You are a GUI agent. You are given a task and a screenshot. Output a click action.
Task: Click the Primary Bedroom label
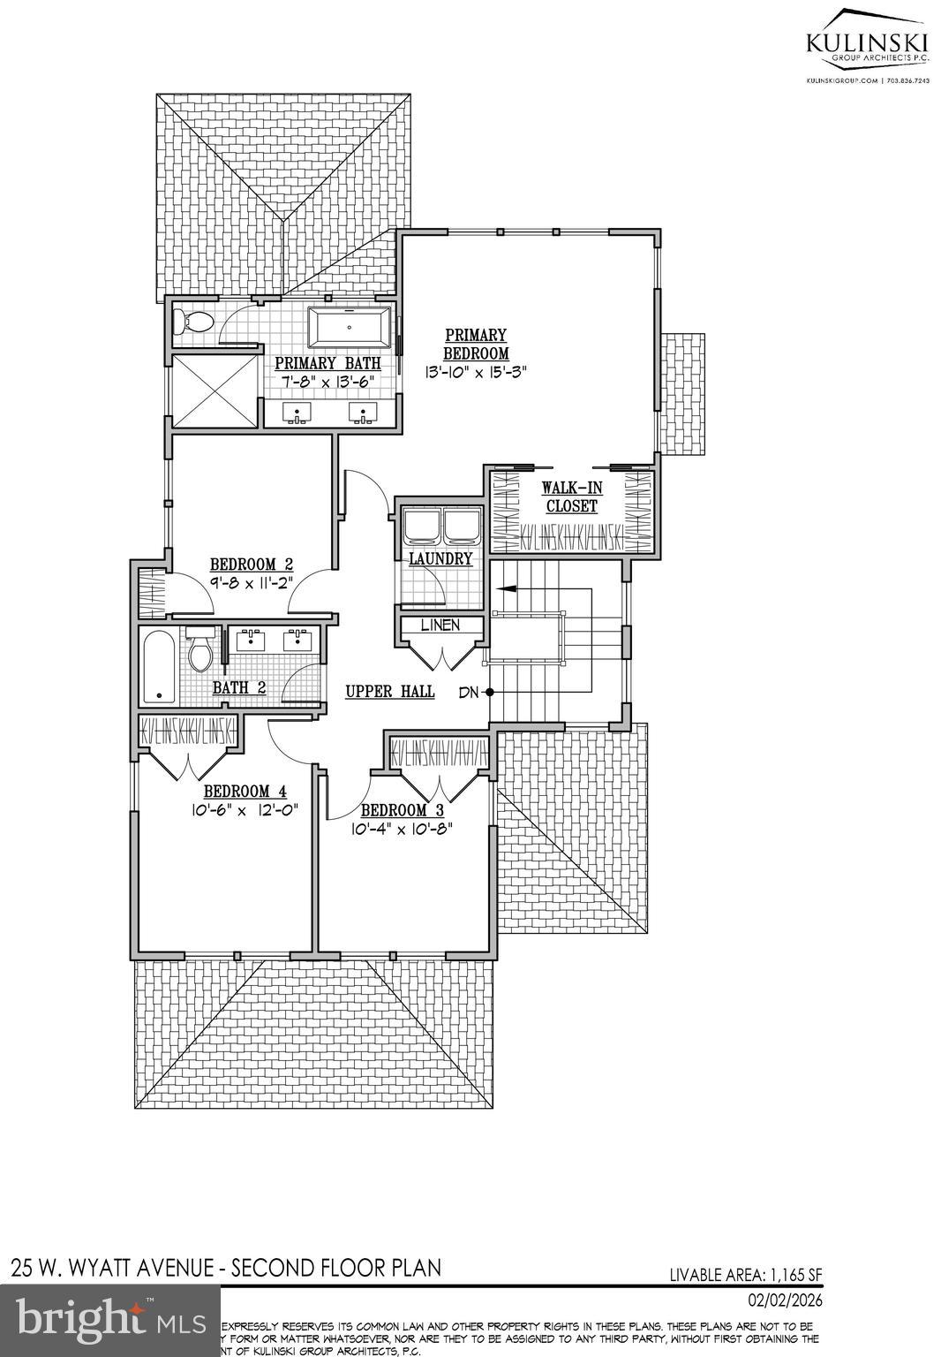click(x=476, y=345)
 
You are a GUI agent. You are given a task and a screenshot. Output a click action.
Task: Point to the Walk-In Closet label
click(x=570, y=497)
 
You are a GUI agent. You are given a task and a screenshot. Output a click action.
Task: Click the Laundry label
click(x=440, y=559)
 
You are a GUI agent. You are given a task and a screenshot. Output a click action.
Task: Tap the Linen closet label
click(x=440, y=625)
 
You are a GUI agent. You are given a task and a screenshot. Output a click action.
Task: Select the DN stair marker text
click(x=468, y=693)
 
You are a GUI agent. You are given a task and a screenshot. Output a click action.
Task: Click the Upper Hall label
click(x=389, y=692)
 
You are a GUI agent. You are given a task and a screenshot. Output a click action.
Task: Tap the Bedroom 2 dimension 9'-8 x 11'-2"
click(x=251, y=582)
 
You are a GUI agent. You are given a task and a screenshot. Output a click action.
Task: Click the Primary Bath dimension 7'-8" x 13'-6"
click(x=327, y=381)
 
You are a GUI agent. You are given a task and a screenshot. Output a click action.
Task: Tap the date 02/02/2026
click(x=785, y=1301)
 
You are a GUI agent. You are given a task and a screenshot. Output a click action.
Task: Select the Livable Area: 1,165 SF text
click(x=745, y=1275)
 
